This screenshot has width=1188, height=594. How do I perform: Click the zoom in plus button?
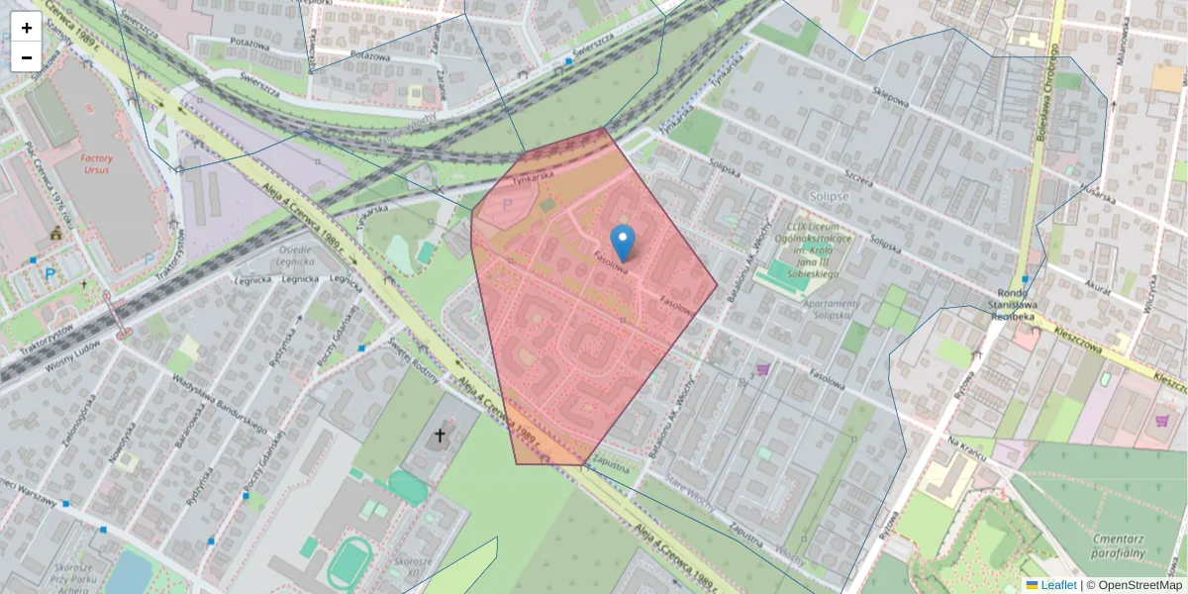click(27, 27)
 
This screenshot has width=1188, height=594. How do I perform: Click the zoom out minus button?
click(27, 57)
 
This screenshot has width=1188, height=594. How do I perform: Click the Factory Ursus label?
click(97, 164)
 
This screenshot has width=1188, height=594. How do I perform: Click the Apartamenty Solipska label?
click(819, 309)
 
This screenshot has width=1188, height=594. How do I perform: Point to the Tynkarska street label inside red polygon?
click(533, 178)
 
